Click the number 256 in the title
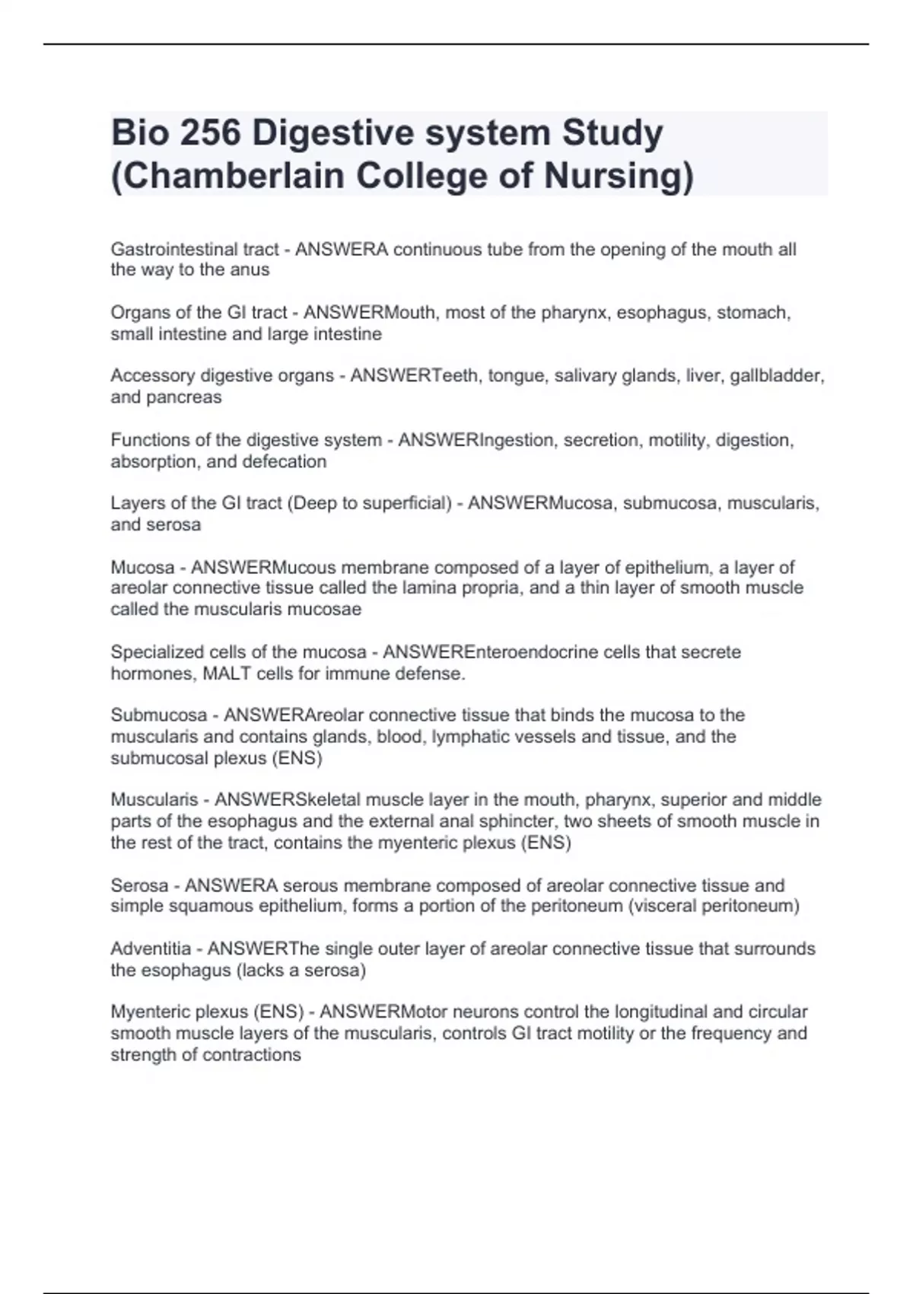[x=208, y=133]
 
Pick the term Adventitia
[x=151, y=949]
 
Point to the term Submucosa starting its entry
[x=158, y=716]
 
